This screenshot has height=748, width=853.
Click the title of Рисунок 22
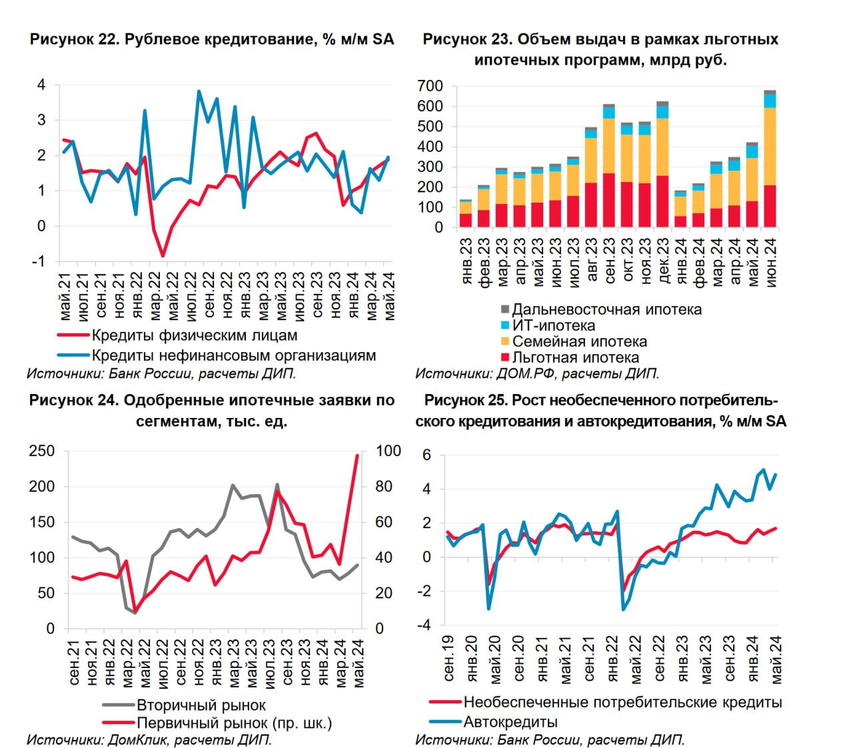212,39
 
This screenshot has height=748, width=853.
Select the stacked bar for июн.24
770,160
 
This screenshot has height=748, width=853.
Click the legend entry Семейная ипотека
578,341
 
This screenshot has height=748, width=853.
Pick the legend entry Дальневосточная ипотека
606,309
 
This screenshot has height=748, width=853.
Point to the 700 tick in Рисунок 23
429,86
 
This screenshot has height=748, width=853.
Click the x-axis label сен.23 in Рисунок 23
609,261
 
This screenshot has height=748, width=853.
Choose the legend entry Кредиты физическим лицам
194,335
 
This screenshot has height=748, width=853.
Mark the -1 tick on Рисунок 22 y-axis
39,261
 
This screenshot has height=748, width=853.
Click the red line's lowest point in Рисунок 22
163,255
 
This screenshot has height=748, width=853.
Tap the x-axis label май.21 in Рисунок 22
65,296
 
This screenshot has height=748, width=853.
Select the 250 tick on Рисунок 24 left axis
41,451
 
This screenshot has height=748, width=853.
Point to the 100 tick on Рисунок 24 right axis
389,451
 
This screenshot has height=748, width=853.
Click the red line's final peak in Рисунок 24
357,456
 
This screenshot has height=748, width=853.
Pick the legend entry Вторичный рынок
201,705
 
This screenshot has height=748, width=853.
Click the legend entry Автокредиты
510,722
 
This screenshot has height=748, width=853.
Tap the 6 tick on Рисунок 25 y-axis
427,455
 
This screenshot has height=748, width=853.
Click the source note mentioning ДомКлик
149,739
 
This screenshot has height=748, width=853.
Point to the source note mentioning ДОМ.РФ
537,373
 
